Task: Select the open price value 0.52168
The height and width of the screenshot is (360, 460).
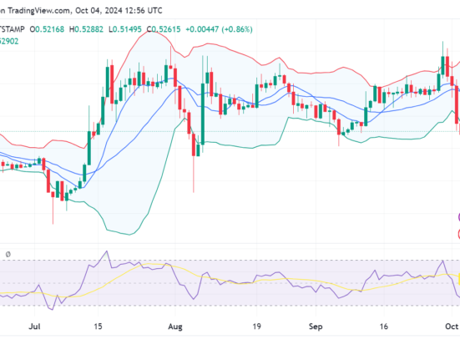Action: (x=49, y=29)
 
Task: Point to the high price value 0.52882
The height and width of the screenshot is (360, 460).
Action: (x=90, y=29)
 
